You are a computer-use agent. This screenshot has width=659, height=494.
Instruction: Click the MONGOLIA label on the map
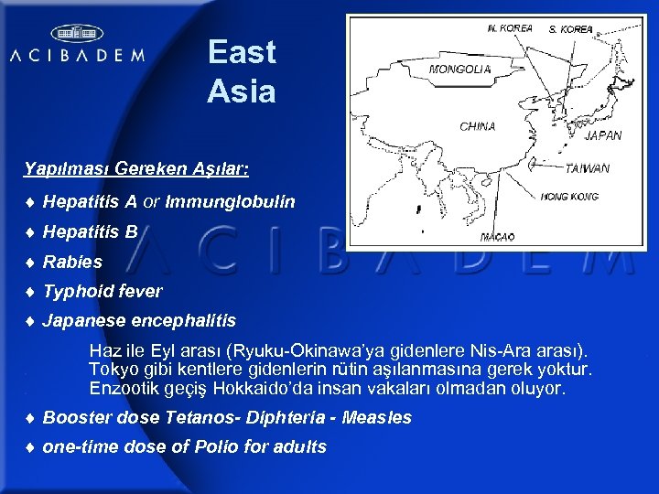[x=459, y=69]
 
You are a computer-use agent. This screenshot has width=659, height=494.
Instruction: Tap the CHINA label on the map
[x=478, y=126]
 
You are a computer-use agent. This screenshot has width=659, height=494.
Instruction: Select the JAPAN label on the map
[x=602, y=135]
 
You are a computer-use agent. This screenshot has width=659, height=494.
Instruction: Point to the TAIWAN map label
[x=588, y=168]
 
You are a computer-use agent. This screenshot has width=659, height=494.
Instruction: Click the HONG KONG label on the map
[x=569, y=197]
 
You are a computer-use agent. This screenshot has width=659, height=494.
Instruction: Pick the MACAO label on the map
[x=497, y=237]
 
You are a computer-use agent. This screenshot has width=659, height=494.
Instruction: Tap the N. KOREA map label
[x=511, y=28]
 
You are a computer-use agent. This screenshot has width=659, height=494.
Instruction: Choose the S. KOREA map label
[x=570, y=29]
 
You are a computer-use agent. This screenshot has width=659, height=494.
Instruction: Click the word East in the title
[x=242, y=52]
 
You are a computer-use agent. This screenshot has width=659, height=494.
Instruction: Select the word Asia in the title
[x=241, y=91]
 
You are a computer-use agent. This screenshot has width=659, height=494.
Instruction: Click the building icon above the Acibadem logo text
[x=77, y=34]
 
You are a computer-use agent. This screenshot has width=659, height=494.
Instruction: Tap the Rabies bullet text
[x=72, y=262]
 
